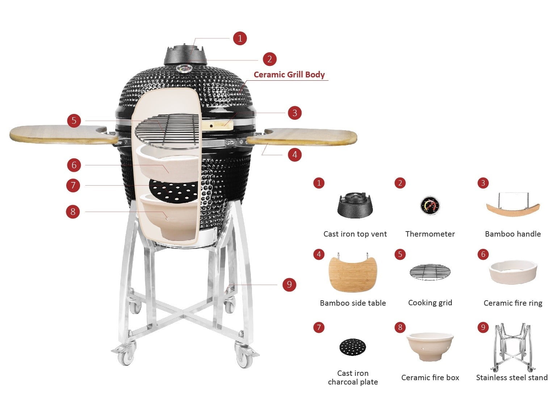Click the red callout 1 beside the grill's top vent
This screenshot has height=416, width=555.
coord(239,38)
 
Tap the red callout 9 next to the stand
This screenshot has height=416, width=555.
coord(289,285)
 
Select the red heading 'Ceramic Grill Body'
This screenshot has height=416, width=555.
coord(289,75)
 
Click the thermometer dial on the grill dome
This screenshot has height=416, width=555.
coord(184,68)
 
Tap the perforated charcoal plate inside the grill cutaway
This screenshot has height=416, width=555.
coord(173,191)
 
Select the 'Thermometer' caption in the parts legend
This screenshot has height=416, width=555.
coord(430,234)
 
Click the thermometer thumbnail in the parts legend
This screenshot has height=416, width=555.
coord(430,205)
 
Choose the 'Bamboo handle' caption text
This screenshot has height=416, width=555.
coord(513,234)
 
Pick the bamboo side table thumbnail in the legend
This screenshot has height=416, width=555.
coord(353,273)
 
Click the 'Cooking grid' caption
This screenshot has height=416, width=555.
coord(430,302)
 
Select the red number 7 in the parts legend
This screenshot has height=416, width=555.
coord(319,327)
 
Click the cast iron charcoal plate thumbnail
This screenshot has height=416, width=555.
coord(353,347)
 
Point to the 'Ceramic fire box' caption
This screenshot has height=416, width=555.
coord(430,377)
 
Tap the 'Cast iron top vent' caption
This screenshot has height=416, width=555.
coord(355,234)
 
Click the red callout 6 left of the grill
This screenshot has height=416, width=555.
coord(74,165)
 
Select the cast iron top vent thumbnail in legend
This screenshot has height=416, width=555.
coord(355,205)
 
